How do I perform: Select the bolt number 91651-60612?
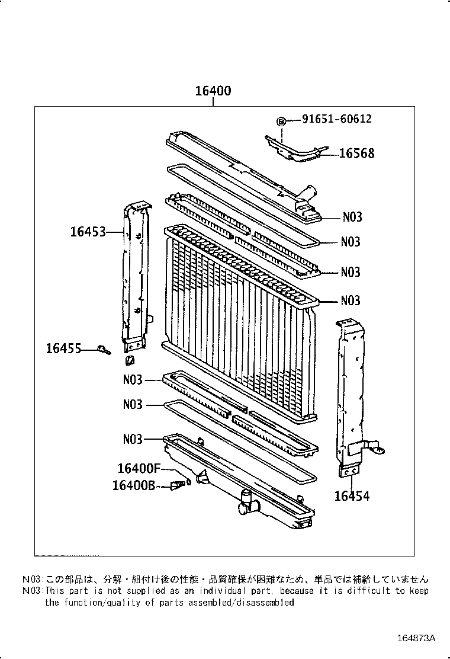[337, 119]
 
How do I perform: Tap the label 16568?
[356, 153]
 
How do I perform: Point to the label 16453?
[88, 232]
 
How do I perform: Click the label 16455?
[63, 349]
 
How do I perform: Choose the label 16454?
[352, 496]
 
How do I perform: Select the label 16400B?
[134, 485]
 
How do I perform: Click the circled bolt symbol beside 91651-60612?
[282, 121]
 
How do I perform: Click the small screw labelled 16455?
[105, 350]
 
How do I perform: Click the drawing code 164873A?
[416, 638]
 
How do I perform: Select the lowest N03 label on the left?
[133, 439]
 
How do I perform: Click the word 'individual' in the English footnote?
[232, 591]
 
